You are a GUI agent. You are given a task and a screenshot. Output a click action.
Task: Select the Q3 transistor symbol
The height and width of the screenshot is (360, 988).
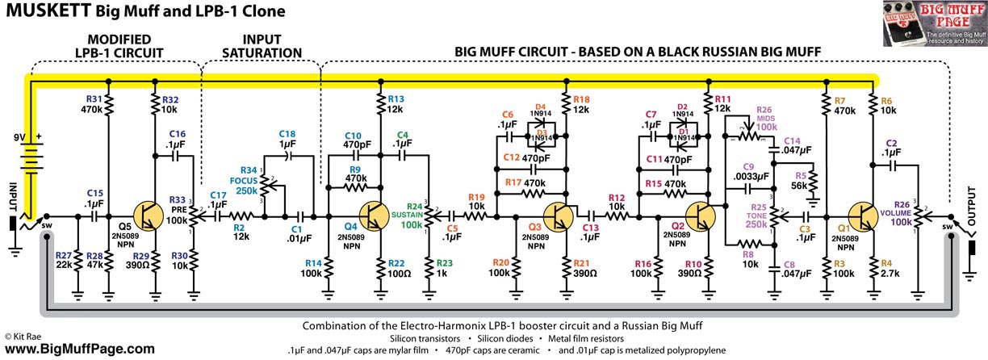coord(558,216)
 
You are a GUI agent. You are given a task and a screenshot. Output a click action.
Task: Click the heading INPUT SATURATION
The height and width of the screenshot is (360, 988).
coord(251,45)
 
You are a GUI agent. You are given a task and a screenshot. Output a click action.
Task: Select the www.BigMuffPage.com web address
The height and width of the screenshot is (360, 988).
coord(79,349)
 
